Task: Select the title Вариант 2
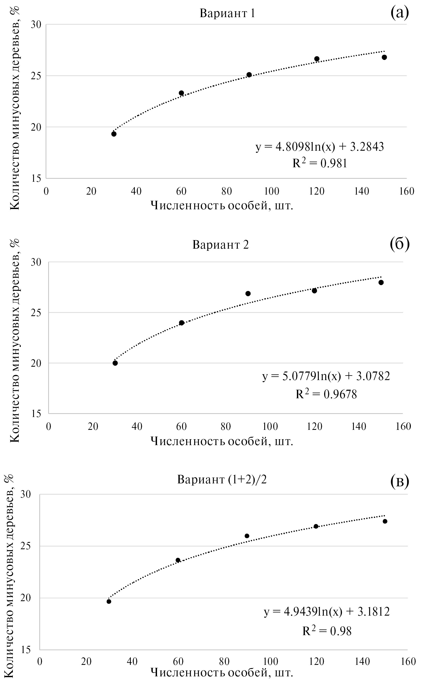click(x=220, y=245)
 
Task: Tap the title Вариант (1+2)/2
click(x=222, y=480)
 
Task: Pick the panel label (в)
click(x=400, y=482)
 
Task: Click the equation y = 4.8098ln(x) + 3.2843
click(x=320, y=147)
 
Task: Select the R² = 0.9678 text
click(x=326, y=394)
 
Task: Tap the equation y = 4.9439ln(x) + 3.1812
click(x=327, y=612)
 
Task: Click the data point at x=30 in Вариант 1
click(x=114, y=134)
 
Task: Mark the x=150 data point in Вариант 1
click(x=384, y=57)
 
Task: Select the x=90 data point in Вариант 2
click(x=248, y=293)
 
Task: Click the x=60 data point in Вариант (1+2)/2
click(x=178, y=560)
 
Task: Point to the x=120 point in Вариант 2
click(x=314, y=291)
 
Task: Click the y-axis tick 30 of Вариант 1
click(x=36, y=25)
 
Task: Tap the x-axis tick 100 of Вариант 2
click(x=270, y=426)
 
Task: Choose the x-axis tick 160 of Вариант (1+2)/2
click(x=408, y=661)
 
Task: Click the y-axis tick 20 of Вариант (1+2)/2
click(x=26, y=598)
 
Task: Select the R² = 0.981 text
click(x=320, y=163)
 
